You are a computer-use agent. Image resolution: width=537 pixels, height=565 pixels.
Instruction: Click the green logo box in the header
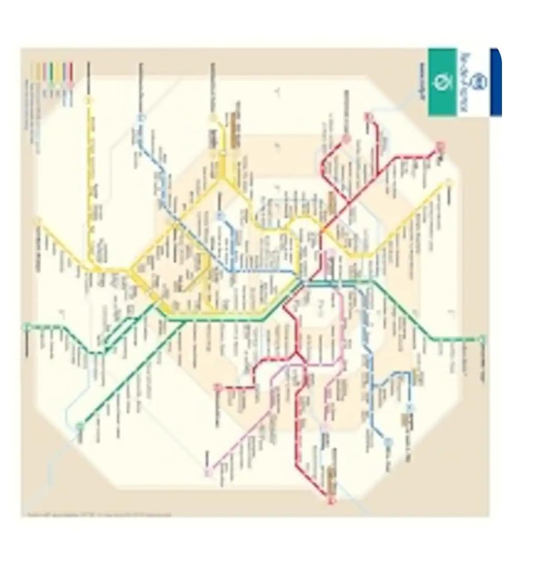pyautogui.click(x=442, y=82)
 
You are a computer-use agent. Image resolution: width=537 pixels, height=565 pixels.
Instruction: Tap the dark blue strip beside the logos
pyautogui.click(x=495, y=82)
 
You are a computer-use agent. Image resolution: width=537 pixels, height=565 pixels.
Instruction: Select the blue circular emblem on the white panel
pyautogui.click(x=479, y=82)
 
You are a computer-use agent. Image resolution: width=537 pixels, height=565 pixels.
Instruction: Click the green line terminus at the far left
pyautogui.click(x=26, y=327)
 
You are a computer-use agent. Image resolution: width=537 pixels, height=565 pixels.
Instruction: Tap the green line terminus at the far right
pyautogui.click(x=482, y=339)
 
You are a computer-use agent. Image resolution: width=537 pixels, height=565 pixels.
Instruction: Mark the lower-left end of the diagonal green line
pyautogui.click(x=80, y=426)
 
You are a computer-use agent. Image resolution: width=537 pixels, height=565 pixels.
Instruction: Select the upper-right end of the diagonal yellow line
pyautogui.click(x=449, y=182)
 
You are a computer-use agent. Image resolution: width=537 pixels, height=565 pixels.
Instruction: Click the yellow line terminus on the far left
pyautogui.click(x=38, y=220)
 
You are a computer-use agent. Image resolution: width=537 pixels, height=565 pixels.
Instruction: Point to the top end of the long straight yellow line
pyautogui.click(x=89, y=99)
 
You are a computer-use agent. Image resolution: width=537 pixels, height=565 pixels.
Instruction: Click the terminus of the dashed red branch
pyautogui.click(x=218, y=387)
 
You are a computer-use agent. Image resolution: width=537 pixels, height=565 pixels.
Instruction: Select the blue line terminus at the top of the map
pyautogui.click(x=139, y=118)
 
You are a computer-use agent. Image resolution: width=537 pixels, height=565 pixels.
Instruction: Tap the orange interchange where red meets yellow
pyautogui.click(x=323, y=230)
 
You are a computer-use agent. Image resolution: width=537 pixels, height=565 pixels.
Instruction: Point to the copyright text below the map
pyautogui.click(x=99, y=515)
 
